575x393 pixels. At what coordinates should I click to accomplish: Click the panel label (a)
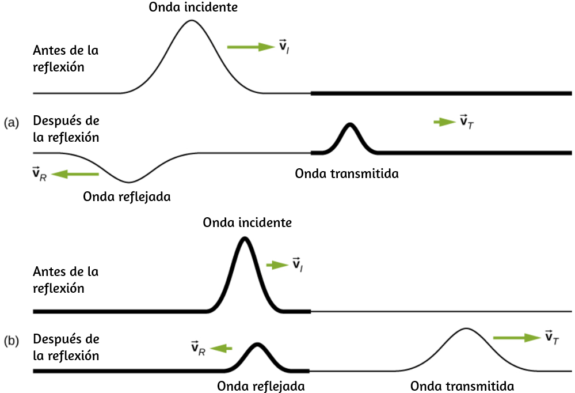point(12,122)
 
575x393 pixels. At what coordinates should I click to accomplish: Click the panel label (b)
point(12,341)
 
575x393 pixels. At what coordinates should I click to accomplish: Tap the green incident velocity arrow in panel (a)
point(251,47)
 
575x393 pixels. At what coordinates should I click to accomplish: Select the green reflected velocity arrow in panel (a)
point(75,174)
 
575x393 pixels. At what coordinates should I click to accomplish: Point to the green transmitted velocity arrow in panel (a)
point(445,122)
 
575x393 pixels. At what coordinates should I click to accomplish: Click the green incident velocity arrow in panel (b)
point(277,264)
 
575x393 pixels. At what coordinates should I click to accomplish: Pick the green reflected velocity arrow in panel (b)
point(221,348)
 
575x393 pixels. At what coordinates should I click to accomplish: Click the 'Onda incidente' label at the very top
point(193,7)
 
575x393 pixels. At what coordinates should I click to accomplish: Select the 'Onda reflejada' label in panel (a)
point(127,197)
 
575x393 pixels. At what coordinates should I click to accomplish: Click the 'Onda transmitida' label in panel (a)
point(347,173)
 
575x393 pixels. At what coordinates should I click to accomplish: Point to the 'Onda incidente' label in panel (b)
point(247,222)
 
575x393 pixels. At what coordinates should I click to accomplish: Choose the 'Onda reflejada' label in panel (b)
point(261,386)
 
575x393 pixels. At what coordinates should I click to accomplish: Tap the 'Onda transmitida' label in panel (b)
point(462,386)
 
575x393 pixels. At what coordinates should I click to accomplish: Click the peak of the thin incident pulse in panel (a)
point(191,20)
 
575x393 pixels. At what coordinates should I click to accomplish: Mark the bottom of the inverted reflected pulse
point(129,182)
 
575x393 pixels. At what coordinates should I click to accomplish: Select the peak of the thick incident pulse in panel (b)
point(245,239)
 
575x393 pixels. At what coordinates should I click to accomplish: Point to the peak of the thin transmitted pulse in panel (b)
point(466,328)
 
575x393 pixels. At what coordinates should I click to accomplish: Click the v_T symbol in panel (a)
point(467,122)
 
